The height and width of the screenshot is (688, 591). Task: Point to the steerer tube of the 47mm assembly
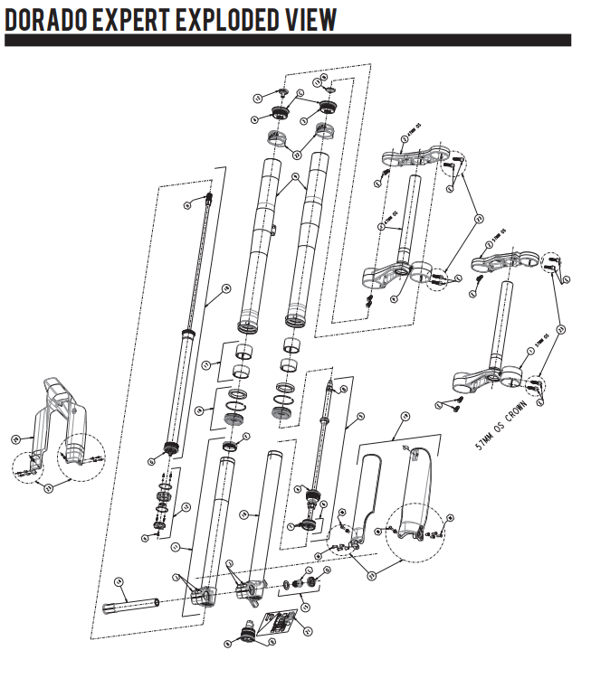(412, 217)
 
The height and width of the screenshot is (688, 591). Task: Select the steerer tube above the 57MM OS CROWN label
(510, 321)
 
